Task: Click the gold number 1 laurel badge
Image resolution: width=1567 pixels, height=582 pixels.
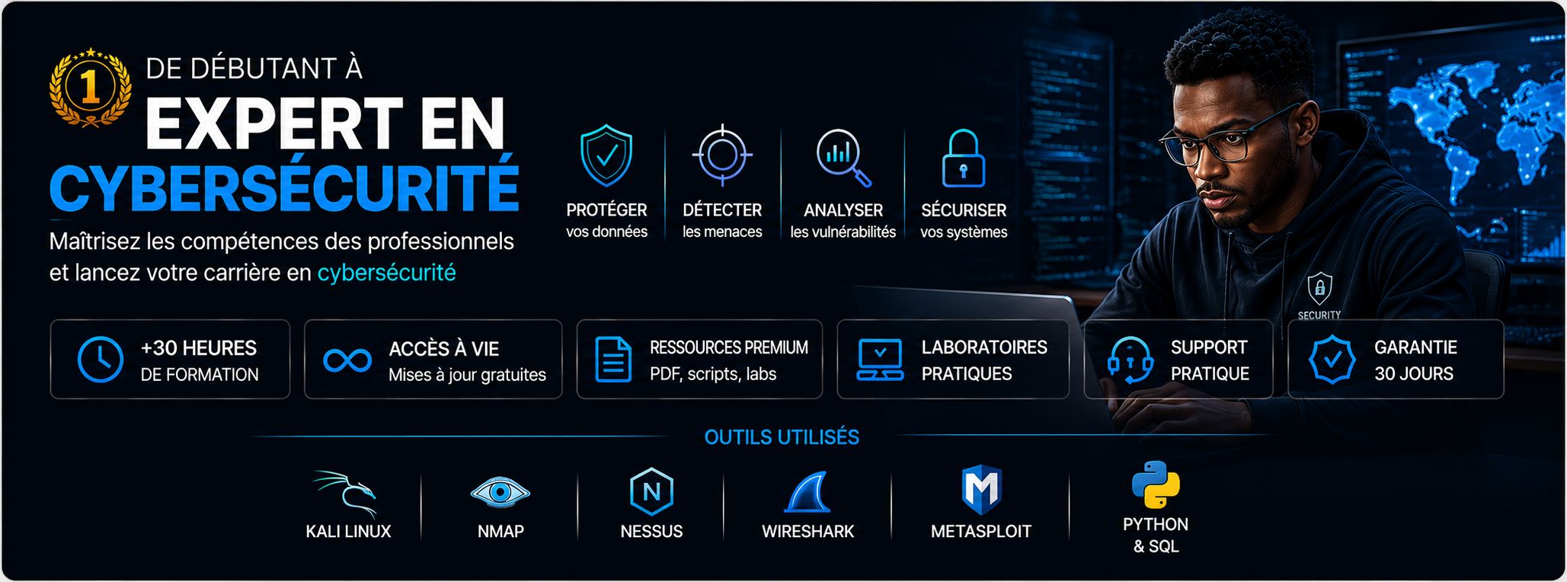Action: pos(90,87)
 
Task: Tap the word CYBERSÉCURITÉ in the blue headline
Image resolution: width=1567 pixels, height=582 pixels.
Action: pos(284,184)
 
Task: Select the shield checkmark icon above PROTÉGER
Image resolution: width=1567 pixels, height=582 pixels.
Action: pos(606,155)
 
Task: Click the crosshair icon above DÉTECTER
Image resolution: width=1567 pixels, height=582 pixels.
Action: pos(722,155)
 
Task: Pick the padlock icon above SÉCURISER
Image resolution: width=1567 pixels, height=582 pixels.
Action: pos(964,158)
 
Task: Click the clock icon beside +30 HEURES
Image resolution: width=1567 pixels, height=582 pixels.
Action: pos(101,359)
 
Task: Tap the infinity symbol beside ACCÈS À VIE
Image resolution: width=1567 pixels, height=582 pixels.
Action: pos(347,360)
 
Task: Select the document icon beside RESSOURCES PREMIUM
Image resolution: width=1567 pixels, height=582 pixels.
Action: pos(613,359)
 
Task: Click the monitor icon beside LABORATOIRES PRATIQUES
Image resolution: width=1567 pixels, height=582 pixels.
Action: pos(880,360)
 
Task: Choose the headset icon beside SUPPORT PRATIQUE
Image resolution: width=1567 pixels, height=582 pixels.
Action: pos(1130,360)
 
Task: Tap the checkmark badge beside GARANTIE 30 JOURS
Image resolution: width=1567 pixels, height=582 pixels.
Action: pos(1332,360)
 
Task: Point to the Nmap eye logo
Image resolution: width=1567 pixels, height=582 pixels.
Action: pos(500,492)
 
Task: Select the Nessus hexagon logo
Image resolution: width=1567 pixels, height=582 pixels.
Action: pos(652,492)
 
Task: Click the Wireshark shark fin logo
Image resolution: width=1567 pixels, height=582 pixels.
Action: pos(808,492)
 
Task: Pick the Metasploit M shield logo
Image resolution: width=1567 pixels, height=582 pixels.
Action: pos(981,489)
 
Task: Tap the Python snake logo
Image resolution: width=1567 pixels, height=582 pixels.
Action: pos(1156,484)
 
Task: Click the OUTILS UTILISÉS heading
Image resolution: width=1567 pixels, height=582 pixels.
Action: pos(782,437)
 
